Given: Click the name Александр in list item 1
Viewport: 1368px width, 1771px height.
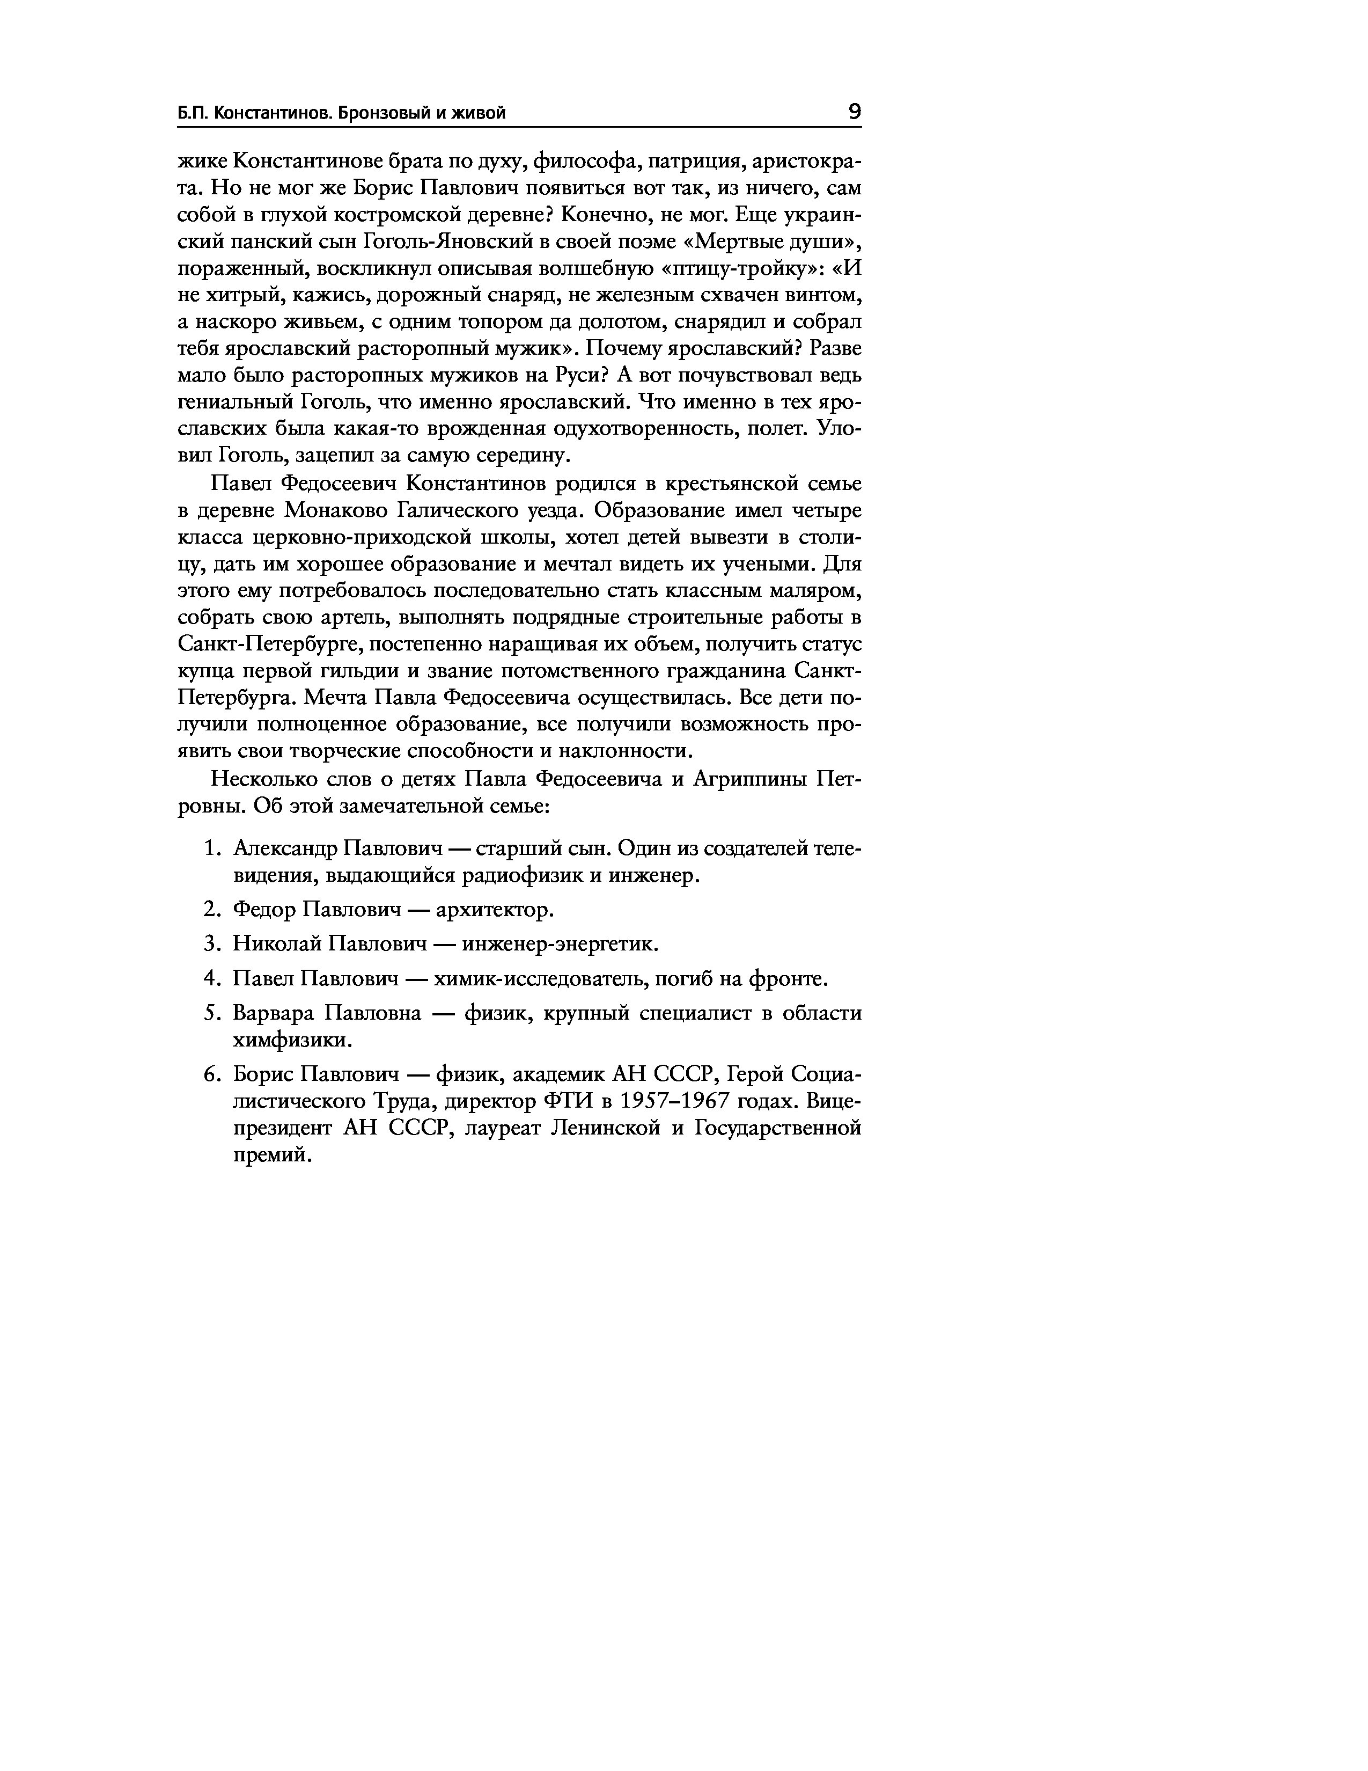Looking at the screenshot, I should (285, 849).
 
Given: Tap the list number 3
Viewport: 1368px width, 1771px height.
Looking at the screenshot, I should (211, 944).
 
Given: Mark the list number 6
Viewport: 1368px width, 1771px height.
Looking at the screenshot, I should (211, 1075).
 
